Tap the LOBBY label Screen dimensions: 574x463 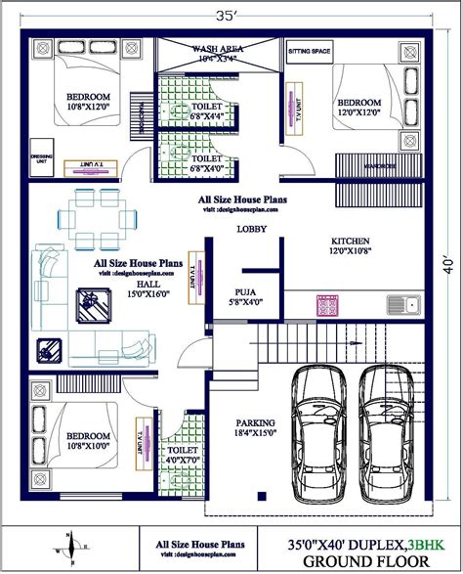(x=252, y=230)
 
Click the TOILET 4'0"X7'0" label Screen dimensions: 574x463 (x=185, y=453)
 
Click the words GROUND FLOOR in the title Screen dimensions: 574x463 (x=365, y=560)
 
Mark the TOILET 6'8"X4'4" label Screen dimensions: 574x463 (x=206, y=112)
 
